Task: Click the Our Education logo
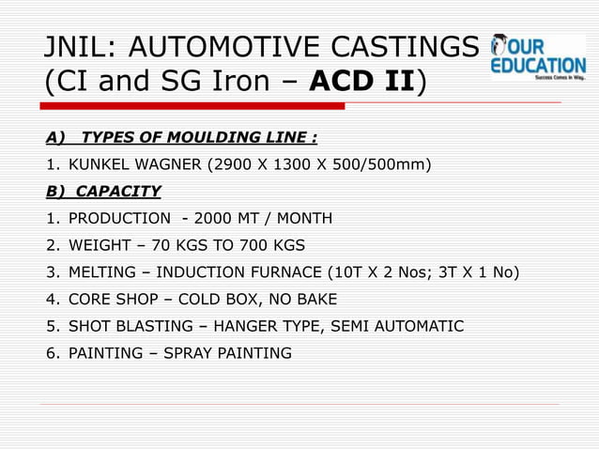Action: pos(538,58)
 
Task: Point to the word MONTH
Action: pos(300,219)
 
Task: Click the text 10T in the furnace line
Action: pos(347,273)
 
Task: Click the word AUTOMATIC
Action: pos(419,327)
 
